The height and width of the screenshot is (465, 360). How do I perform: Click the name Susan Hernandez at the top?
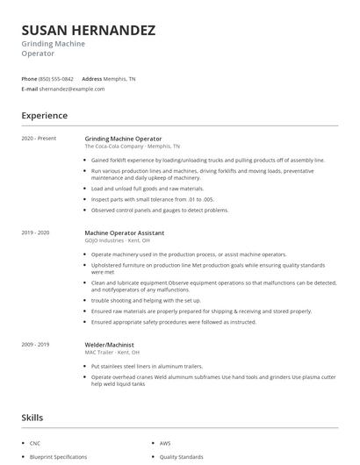click(88, 30)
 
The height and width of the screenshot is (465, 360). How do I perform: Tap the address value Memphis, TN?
click(120, 78)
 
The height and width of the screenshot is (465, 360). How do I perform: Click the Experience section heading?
click(44, 115)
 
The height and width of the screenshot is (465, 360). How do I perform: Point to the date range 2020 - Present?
click(39, 139)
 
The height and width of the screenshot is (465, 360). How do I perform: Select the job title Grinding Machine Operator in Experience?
click(123, 139)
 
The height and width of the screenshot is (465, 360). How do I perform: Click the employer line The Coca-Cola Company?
click(132, 147)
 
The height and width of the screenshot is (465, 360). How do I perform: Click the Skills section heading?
click(32, 418)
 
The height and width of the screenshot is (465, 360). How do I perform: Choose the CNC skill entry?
click(35, 444)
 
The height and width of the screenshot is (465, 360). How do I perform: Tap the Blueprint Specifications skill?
click(58, 457)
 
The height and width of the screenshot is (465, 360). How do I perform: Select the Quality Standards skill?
click(181, 457)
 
